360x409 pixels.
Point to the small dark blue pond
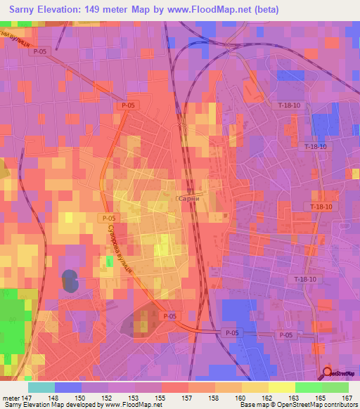point(70,280)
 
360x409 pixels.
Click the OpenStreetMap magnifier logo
point(328,372)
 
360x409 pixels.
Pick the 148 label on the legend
point(54,397)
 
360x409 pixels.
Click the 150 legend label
point(81,397)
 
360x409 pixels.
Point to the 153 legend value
point(134,397)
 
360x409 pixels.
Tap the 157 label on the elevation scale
point(187,397)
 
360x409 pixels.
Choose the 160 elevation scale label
point(240,397)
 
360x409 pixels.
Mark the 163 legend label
point(294,397)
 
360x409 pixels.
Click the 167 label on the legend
point(347,397)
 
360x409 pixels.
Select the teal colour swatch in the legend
point(41,387)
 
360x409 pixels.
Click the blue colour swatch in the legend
point(67,387)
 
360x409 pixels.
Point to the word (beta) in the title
point(265,10)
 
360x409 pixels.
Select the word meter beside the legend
point(12,397)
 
